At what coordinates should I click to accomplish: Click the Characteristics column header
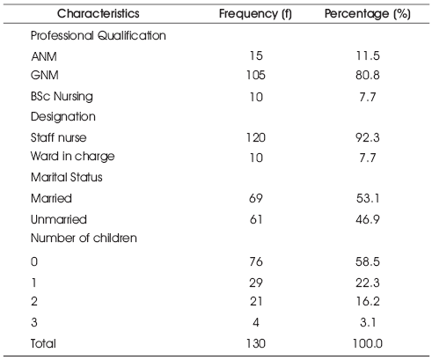99,13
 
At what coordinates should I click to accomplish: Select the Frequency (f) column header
255,14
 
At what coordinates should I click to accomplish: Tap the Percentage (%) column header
368,14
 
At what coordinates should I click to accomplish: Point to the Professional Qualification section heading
99,36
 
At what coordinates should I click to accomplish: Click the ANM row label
44,56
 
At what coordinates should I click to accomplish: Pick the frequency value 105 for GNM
256,76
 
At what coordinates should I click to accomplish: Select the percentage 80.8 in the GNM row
368,76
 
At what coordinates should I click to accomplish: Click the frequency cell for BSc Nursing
256,97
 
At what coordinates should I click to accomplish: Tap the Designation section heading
63,117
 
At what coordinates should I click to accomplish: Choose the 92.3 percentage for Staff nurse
368,137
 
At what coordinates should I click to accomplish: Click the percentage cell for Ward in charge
368,158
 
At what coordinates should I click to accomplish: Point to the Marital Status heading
67,177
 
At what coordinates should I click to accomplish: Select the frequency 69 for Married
256,199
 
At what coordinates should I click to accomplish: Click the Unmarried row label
59,219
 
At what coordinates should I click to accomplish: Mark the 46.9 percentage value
368,219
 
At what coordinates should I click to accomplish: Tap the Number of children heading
84,238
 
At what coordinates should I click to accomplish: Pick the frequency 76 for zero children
256,261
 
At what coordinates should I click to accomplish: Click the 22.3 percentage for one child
368,283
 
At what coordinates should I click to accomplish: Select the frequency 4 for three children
256,322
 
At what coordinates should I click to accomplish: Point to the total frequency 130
256,343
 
